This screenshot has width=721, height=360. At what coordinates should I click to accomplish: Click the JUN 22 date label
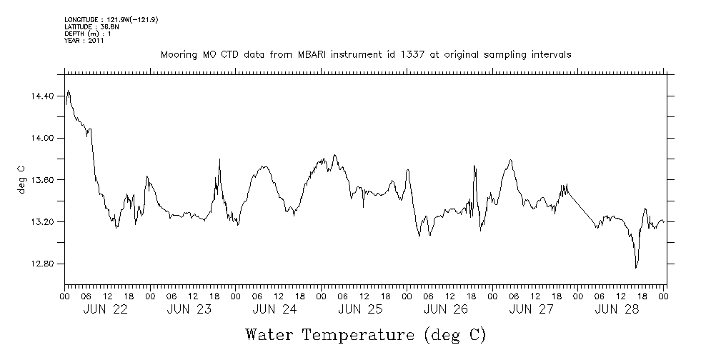pyautogui.click(x=106, y=309)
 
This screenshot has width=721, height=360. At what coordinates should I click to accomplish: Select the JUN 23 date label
pyautogui.click(x=191, y=309)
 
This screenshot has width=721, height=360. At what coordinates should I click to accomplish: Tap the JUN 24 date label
pyautogui.click(x=275, y=309)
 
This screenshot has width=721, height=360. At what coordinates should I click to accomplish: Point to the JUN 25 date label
pyautogui.click(x=360, y=309)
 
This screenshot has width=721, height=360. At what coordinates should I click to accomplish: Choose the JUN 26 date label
pyautogui.click(x=446, y=309)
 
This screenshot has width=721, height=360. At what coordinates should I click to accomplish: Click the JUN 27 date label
pyautogui.click(x=531, y=309)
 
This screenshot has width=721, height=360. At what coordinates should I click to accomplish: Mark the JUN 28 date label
pyautogui.click(x=616, y=309)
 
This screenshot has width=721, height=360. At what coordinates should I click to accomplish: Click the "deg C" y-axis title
pyautogui.click(x=21, y=179)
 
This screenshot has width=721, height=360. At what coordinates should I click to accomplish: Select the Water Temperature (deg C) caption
pyautogui.click(x=366, y=334)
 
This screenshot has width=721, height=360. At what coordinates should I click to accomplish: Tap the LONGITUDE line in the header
pyautogui.click(x=111, y=19)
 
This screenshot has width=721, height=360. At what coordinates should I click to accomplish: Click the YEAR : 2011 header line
pyautogui.click(x=84, y=41)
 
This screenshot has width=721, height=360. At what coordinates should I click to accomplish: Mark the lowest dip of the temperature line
pyautogui.click(x=636, y=268)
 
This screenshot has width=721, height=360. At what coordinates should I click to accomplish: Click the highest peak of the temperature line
pyautogui.click(x=69, y=91)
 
